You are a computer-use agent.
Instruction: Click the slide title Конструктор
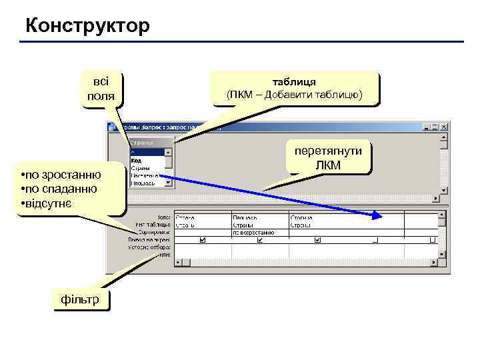coord(87,26)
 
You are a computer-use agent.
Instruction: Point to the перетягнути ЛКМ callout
coord(329,158)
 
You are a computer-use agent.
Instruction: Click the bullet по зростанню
coord(63,175)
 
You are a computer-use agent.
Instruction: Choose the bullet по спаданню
coord(61,189)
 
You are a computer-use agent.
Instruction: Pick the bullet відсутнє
coord(53,202)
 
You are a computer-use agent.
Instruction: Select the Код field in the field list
coord(136,160)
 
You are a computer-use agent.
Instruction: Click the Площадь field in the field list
coord(143,183)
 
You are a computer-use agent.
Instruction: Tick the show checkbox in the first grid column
coord(203,240)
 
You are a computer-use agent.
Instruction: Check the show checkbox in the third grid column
coord(317,240)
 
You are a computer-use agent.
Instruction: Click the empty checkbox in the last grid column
coord(433,240)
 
